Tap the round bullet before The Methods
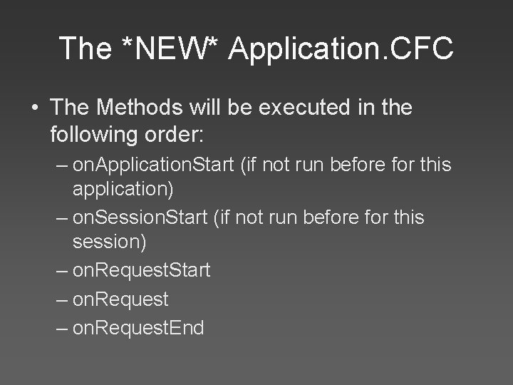pyautogui.click(x=35, y=109)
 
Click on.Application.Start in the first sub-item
pyautogui.click(x=154, y=165)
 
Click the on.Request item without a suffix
pyautogui.click(x=120, y=299)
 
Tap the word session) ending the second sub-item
pyautogui.click(x=109, y=242)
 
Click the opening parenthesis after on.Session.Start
pyautogui.click(x=217, y=217)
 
